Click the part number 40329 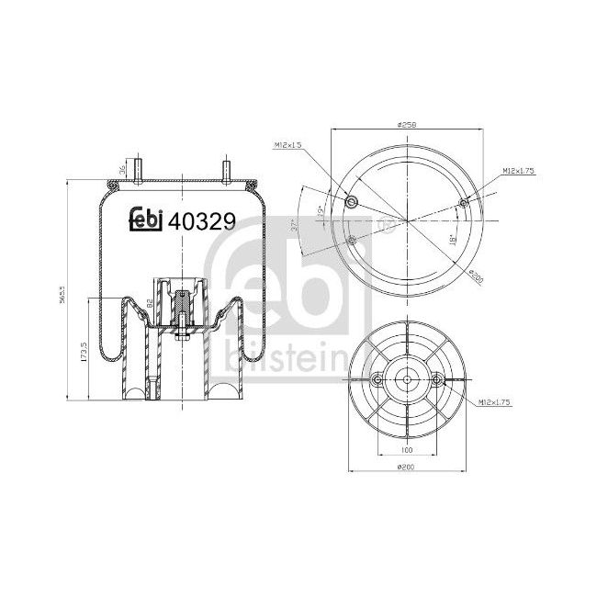pyautogui.click(x=203, y=221)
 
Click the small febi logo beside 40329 pyautogui.click(x=144, y=219)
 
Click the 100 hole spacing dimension pyautogui.click(x=406, y=451)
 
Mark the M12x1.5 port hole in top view pyautogui.click(x=349, y=203)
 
